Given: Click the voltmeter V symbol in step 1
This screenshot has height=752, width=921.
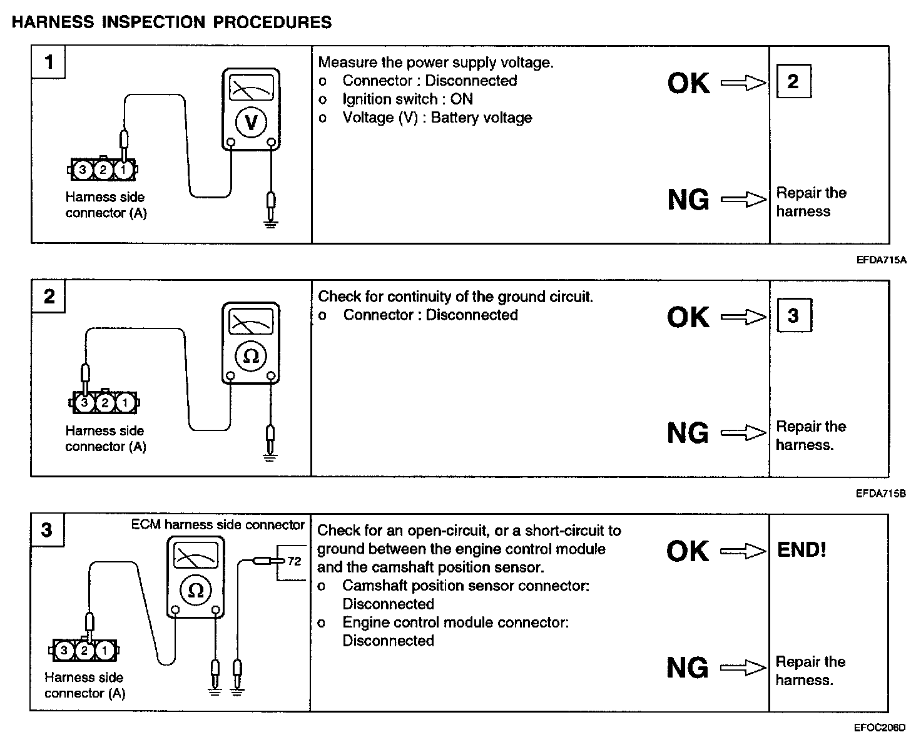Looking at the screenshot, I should pos(251,122).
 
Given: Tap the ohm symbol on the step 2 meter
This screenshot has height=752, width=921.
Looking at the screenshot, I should pos(251,355).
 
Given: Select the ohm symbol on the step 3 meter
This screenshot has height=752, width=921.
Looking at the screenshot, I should pos(195,590).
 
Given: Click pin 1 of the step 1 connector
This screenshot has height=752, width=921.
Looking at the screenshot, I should pos(124,170).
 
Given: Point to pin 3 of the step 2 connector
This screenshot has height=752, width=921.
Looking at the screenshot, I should pos(85,403).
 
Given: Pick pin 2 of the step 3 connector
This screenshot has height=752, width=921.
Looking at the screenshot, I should pos(84,651).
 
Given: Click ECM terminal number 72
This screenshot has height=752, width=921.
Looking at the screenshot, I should pos(294,561).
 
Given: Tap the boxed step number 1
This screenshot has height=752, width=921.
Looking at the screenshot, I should pos(49,62).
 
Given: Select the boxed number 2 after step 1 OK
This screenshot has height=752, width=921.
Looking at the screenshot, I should pos(793,81).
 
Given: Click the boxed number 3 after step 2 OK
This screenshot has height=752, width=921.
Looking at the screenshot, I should pos(793,315).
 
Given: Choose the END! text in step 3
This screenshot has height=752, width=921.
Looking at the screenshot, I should pos(801,550).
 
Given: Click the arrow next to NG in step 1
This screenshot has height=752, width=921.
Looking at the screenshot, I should pos(743,200).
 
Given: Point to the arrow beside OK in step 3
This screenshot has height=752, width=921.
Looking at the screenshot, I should pos(743,551).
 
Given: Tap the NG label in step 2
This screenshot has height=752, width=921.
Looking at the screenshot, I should pos(688,433).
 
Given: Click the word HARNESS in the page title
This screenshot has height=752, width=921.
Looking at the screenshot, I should pos(53,23).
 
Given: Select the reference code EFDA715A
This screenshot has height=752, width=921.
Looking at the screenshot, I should pos(881,260).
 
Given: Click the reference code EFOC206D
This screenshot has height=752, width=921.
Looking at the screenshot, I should pos(880,728).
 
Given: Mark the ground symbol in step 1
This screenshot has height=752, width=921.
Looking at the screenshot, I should pos(270,223).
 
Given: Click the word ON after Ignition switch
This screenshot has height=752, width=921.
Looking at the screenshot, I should pos(462,99).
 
